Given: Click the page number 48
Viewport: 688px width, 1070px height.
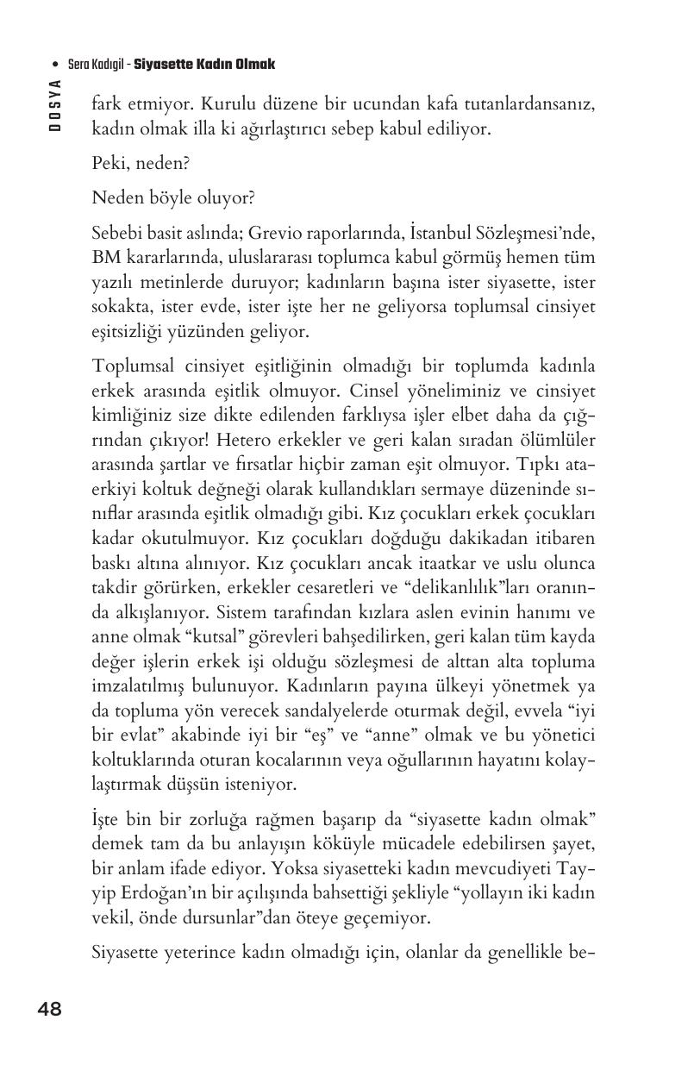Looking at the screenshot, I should pos(50,1009).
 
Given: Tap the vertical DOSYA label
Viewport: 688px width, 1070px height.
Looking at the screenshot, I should pos(55,103).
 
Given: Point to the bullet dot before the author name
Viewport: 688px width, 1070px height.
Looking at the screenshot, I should pos(55,66).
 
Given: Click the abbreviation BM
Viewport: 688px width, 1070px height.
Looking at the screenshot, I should pos(105,258).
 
